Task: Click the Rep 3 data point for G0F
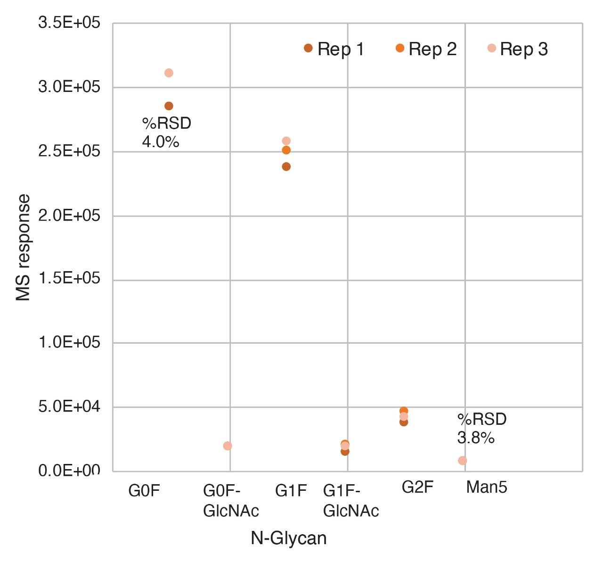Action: (x=169, y=73)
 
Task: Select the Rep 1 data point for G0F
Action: (x=169, y=106)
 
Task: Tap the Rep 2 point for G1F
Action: (x=286, y=150)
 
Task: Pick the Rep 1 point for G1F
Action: (x=286, y=166)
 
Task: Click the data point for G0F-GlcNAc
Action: (x=228, y=446)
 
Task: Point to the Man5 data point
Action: (x=463, y=460)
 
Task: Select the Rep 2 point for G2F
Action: (x=404, y=411)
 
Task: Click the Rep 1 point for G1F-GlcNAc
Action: (x=345, y=452)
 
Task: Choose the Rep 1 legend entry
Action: (x=334, y=49)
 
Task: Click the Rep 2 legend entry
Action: (x=426, y=49)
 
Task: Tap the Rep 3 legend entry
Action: (x=518, y=49)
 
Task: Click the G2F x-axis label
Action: (x=417, y=487)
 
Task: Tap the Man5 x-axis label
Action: (x=487, y=487)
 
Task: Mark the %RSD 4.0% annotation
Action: (x=166, y=132)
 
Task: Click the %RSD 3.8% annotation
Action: (x=481, y=428)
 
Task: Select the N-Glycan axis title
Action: (x=288, y=538)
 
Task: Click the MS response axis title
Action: (x=23, y=248)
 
